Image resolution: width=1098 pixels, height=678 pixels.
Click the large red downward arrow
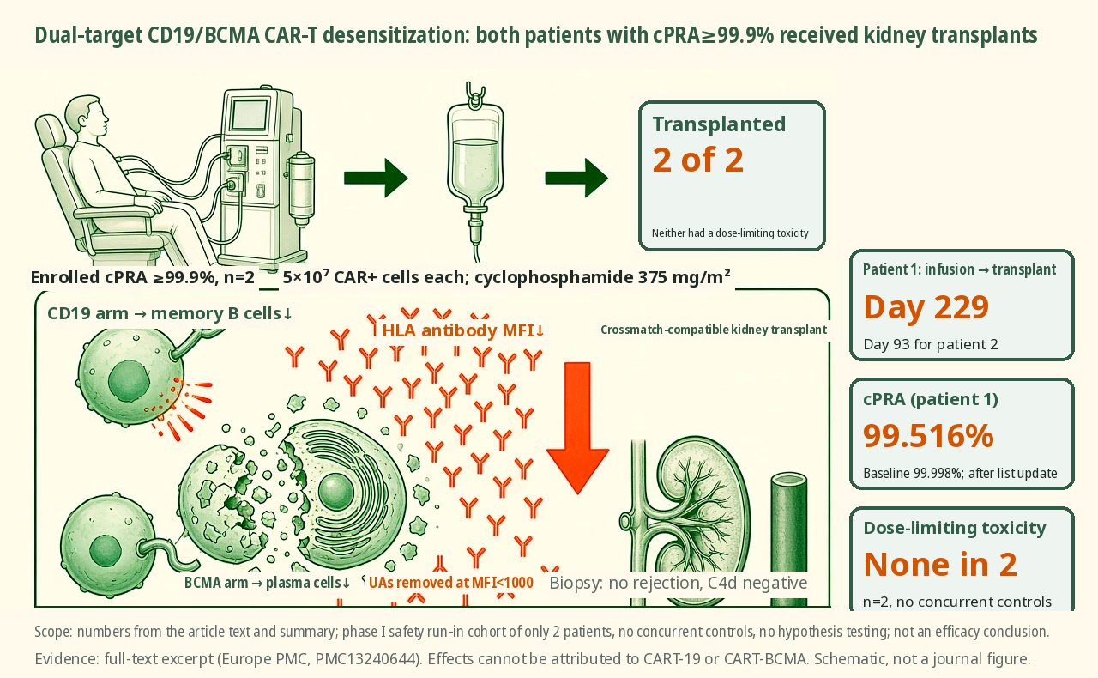[577, 427]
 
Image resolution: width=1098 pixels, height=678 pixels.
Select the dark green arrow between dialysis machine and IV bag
[376, 178]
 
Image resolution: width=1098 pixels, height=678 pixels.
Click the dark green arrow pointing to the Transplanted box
[576, 178]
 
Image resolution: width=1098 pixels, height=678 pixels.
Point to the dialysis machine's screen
[250, 114]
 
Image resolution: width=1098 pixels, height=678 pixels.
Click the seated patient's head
[88, 117]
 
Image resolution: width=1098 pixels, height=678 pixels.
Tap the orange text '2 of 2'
[697, 160]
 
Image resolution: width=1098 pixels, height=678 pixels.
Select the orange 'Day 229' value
[926, 307]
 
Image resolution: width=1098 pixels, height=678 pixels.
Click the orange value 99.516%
[928, 436]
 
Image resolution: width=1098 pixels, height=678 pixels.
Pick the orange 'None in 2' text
[940, 564]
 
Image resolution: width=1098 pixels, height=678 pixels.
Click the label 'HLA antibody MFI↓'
[462, 330]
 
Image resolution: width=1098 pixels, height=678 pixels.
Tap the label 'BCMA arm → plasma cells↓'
[267, 583]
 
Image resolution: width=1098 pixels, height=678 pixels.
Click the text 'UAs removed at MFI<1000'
[451, 583]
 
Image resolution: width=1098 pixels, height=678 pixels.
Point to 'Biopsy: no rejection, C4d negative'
[678, 583]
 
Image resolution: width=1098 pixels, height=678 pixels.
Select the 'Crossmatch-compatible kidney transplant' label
[714, 330]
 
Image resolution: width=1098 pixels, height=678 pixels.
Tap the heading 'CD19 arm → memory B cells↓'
[170, 313]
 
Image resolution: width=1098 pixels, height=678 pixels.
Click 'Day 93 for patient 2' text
[931, 344]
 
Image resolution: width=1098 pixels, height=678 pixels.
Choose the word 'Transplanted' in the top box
[719, 124]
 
